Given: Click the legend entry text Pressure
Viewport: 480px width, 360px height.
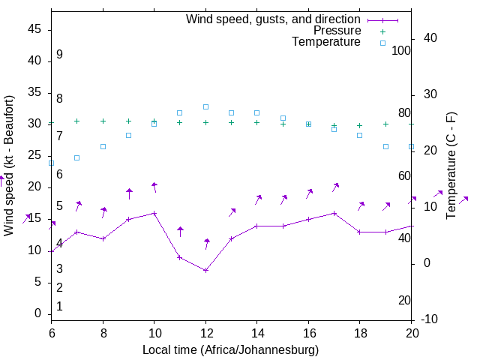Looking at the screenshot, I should click(x=337, y=31).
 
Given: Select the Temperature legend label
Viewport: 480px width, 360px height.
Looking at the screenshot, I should click(x=326, y=42).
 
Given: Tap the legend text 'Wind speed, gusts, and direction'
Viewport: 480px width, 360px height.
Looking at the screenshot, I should click(x=273, y=19).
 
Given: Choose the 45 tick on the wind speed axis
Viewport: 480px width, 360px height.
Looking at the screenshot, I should click(x=34, y=28).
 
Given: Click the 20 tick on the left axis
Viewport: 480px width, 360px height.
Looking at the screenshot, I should click(x=34, y=187).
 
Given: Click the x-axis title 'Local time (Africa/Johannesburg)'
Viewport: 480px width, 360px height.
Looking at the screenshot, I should click(x=230, y=349).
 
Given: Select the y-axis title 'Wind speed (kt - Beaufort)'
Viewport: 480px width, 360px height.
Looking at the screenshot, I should click(x=9, y=165).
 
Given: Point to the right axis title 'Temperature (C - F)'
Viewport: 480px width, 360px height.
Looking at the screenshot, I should click(x=451, y=165).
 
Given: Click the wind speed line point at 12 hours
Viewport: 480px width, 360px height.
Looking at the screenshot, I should click(x=205, y=270).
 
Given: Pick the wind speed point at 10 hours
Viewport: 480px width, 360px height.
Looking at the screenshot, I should click(x=154, y=213).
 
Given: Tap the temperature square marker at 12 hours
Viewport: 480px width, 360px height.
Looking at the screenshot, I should click(x=205, y=106).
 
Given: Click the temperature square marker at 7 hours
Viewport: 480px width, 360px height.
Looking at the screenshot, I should click(x=77, y=157).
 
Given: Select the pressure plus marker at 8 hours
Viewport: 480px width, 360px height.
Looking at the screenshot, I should click(x=103, y=121).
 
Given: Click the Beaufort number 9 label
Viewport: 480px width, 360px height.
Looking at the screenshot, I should click(x=59, y=55).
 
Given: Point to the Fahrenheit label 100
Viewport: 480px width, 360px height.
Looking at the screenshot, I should click(x=402, y=50).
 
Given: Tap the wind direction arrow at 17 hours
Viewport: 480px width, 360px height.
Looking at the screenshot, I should click(x=335, y=187).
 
